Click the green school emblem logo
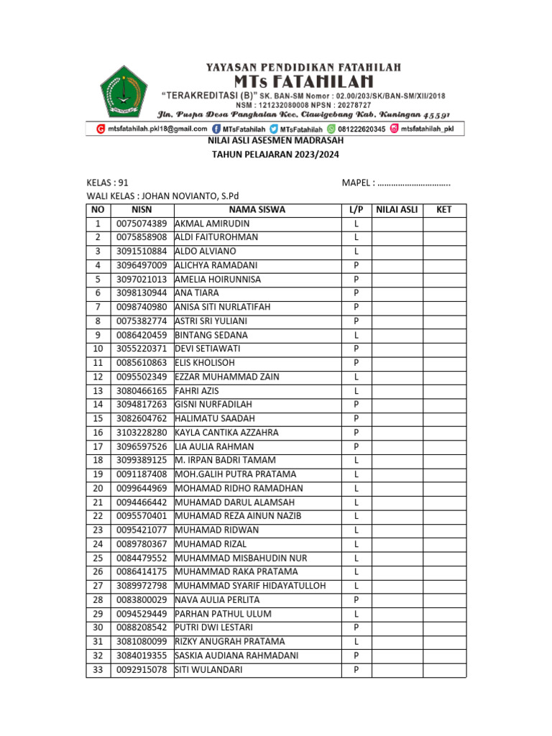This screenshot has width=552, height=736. pyautogui.click(x=123, y=91)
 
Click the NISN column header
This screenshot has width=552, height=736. pyautogui.click(x=142, y=210)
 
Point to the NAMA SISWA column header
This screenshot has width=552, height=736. pyautogui.click(x=257, y=210)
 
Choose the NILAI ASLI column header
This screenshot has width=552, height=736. pyautogui.click(x=397, y=210)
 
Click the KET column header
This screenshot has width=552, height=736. pyautogui.click(x=444, y=210)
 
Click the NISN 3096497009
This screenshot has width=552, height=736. pyautogui.click(x=142, y=265)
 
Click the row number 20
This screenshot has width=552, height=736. pyautogui.click(x=98, y=488)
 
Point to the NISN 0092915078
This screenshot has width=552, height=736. pyautogui.click(x=142, y=670)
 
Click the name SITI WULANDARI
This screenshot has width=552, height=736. pyautogui.click(x=208, y=670)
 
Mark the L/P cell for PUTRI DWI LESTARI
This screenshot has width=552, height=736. pyautogui.click(x=356, y=627)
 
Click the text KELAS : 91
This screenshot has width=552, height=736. pyautogui.click(x=108, y=183)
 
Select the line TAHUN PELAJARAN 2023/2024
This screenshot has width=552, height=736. pyautogui.click(x=275, y=155)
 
